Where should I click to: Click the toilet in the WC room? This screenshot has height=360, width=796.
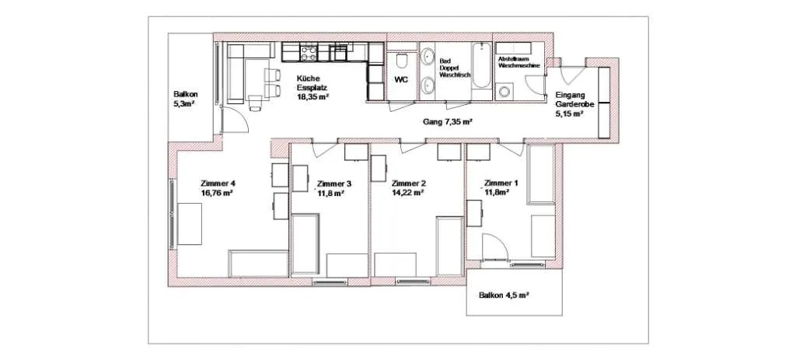[x=403, y=61]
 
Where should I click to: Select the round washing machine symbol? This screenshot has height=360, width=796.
[x=504, y=92]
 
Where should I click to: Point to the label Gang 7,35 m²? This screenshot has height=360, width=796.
[x=448, y=122]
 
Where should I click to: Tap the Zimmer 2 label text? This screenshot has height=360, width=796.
[x=409, y=183]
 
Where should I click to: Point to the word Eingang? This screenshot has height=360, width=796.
[x=570, y=94]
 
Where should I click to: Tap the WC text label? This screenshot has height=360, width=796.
[x=402, y=80]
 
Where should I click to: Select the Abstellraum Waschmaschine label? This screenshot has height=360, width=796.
[x=518, y=62]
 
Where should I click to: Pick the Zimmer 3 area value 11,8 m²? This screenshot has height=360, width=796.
[x=331, y=193]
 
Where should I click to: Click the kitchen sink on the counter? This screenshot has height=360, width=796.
[x=340, y=52]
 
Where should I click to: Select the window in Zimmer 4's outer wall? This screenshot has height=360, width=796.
[x=173, y=213]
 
